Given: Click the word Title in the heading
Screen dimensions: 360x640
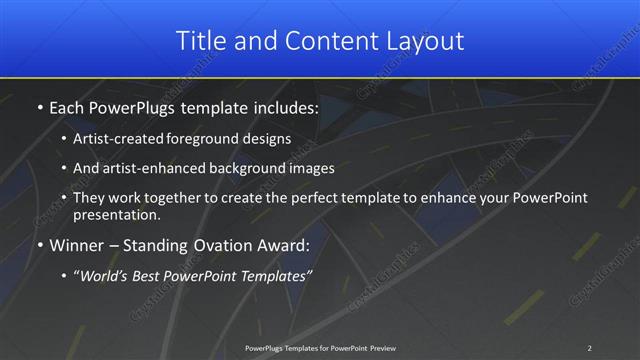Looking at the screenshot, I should click(x=198, y=41).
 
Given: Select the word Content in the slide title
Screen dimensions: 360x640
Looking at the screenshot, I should click(x=320, y=41).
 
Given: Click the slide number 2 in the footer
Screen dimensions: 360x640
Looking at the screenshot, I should click(x=589, y=347).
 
